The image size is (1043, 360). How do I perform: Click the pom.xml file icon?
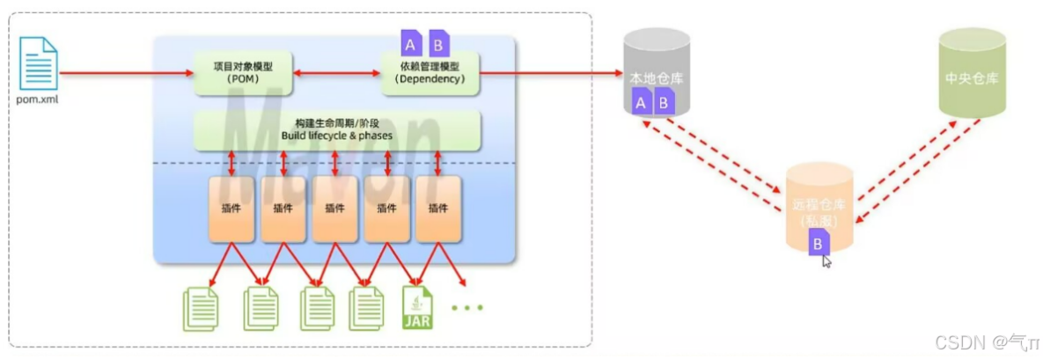click(x=36, y=62)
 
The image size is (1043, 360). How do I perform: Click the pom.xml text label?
click(x=36, y=99)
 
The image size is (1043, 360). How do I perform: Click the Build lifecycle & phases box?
click(x=337, y=130)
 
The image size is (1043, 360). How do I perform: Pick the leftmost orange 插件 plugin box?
click(x=231, y=209)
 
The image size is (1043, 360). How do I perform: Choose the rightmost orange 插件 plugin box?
click(x=439, y=209)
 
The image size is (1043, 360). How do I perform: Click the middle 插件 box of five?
click(x=335, y=209)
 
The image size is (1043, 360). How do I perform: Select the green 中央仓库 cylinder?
click(x=971, y=75)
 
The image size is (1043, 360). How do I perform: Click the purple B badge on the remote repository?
click(x=819, y=241)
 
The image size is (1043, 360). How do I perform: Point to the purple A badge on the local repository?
click(x=641, y=103)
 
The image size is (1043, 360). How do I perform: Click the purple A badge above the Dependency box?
click(x=411, y=42)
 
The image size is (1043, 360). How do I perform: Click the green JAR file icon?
click(x=417, y=309)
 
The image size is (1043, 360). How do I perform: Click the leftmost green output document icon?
click(x=202, y=309)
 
